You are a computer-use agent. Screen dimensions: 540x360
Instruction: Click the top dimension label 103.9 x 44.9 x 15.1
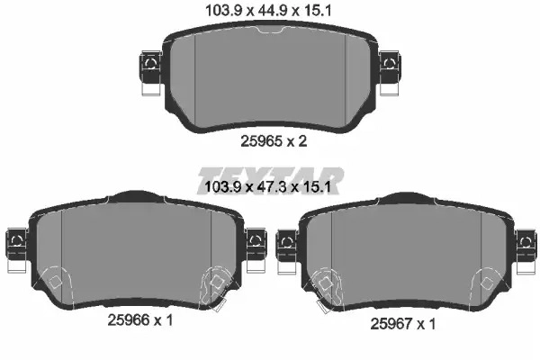[268, 11]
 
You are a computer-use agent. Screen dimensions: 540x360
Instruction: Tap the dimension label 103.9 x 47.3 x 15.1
[267, 187]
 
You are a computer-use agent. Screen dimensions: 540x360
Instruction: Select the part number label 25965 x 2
[274, 141]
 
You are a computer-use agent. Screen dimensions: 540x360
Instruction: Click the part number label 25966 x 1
[140, 320]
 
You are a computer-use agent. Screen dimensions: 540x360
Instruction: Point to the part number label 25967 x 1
[403, 324]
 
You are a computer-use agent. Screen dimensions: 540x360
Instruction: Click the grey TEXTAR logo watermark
[271, 181]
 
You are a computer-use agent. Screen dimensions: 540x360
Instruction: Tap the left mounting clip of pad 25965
[151, 73]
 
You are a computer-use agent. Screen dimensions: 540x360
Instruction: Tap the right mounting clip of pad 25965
[390, 73]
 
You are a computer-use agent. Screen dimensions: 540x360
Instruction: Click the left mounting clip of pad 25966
[16, 250]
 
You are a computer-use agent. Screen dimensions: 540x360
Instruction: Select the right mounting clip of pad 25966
[256, 250]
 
